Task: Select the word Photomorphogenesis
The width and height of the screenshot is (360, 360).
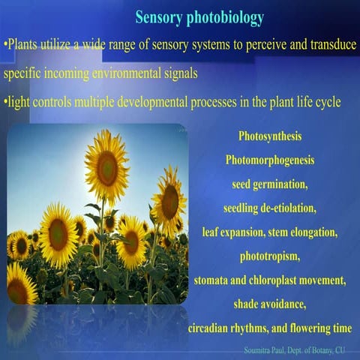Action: (x=269, y=160)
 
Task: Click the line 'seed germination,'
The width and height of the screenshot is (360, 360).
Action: (x=270, y=184)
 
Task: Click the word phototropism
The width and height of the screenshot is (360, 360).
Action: (x=270, y=256)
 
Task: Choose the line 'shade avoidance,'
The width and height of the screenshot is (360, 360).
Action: (x=270, y=304)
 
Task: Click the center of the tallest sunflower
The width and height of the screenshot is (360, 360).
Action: (x=106, y=168)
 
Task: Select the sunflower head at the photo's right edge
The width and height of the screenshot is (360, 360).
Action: (x=170, y=201)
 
